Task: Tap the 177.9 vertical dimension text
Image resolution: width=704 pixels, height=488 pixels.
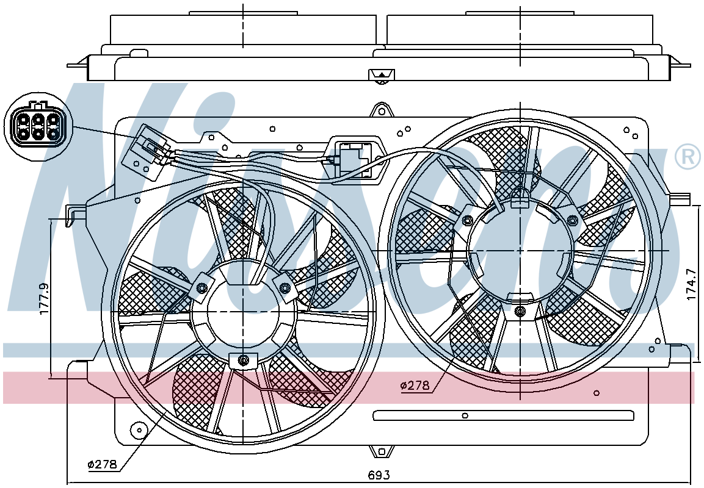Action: (44, 298)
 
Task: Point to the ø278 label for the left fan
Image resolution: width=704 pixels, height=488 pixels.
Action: (103, 464)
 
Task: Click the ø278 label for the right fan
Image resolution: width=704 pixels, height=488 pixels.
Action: (415, 385)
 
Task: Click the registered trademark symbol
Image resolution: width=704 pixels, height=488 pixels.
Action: (688, 156)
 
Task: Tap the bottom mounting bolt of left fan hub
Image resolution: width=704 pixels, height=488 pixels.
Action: (244, 360)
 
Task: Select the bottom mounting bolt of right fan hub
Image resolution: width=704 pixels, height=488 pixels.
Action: (520, 311)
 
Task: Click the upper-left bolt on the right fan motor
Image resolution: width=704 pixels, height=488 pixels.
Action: (467, 220)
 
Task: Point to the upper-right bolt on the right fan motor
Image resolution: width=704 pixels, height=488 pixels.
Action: (573, 220)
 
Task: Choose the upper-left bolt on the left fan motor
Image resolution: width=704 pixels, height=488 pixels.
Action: (201, 287)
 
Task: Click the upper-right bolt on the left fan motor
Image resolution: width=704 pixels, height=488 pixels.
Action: (285, 287)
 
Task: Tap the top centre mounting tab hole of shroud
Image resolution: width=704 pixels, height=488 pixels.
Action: (381, 109)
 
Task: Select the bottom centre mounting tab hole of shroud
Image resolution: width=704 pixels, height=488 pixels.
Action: (381, 451)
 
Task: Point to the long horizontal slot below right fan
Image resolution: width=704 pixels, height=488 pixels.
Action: (503, 415)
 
